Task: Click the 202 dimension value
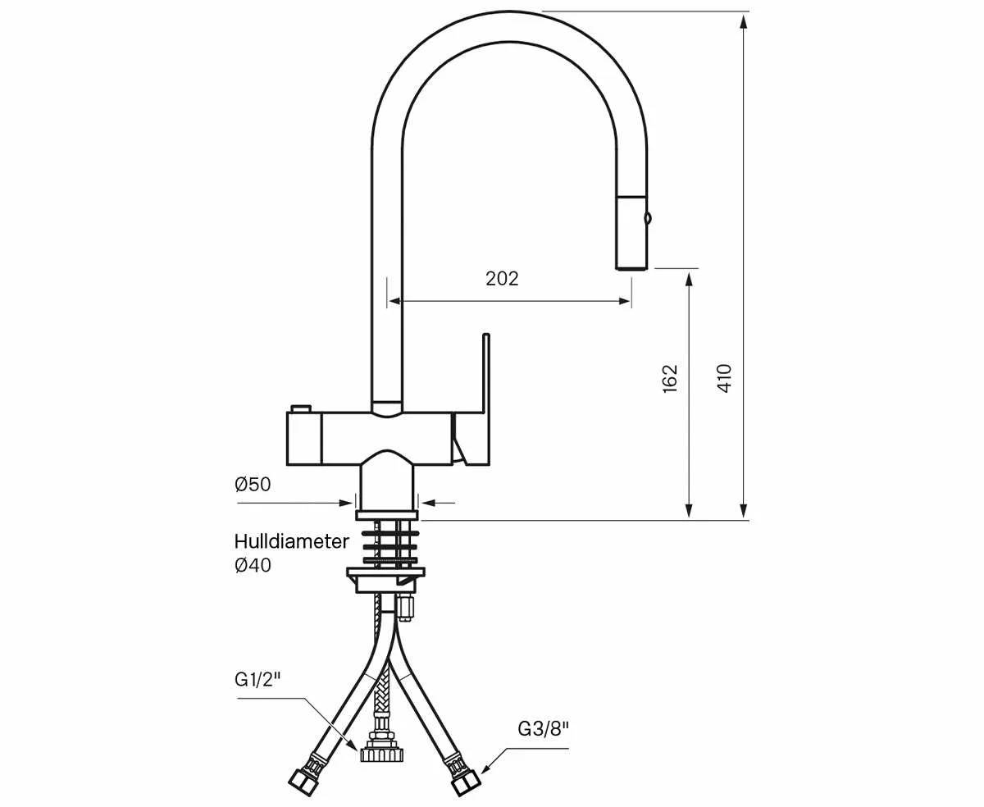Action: tap(502, 279)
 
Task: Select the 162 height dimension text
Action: tap(670, 378)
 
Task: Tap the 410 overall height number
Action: tap(724, 378)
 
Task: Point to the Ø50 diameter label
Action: tap(253, 485)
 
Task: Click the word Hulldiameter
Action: tap(291, 541)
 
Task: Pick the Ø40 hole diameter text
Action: tap(253, 565)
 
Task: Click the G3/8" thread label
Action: tap(543, 727)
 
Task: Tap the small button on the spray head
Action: tap(649, 218)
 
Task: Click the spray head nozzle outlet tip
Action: tap(632, 265)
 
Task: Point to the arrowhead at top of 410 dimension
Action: tap(743, 21)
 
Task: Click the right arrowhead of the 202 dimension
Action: tap(625, 301)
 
